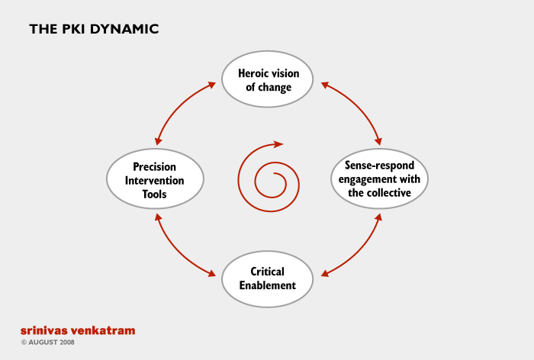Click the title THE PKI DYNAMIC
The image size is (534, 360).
(x=94, y=29)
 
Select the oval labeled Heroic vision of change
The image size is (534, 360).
(x=267, y=79)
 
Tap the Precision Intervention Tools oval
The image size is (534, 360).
(x=156, y=178)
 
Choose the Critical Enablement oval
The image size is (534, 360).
(x=267, y=279)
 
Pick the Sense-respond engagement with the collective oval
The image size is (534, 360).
(x=379, y=178)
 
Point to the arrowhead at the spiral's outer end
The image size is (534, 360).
(x=278, y=144)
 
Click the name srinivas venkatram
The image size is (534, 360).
(x=78, y=330)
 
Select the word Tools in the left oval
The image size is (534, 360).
(x=154, y=194)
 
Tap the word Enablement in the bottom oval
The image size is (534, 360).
(x=267, y=285)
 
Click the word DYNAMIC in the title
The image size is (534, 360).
(x=124, y=29)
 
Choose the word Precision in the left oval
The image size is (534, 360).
(x=154, y=167)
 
